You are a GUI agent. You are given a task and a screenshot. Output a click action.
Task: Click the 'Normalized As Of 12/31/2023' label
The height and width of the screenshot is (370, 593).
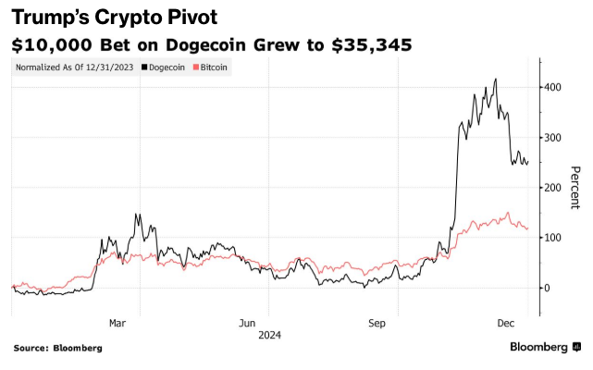click(75, 68)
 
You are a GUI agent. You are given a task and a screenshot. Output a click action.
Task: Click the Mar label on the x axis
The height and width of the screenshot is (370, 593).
click(117, 323)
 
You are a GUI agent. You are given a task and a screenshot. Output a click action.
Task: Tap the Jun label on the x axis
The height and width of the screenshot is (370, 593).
click(247, 323)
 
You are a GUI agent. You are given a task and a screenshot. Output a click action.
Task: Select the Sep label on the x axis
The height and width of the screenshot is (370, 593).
click(377, 323)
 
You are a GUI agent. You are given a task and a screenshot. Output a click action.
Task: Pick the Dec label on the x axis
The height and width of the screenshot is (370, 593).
click(505, 323)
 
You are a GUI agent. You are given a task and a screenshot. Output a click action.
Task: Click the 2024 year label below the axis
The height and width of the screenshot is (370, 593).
click(270, 334)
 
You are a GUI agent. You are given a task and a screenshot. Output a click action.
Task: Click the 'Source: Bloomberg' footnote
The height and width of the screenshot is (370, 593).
click(57, 348)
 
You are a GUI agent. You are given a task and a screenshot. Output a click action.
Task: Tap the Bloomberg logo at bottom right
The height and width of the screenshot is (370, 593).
click(545, 348)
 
